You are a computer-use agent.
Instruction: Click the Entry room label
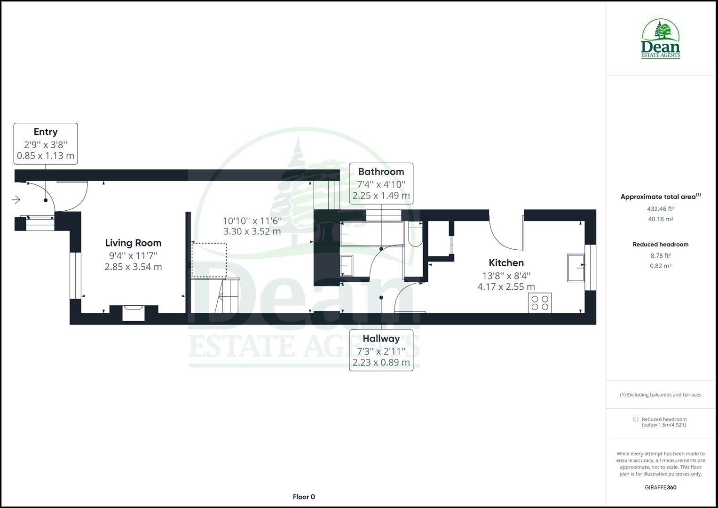coord(46,132)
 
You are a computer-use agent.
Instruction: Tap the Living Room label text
coord(133,243)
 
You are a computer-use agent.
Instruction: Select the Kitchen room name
coord(506,263)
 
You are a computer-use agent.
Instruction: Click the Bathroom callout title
coord(381,172)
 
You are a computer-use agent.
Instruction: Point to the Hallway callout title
coord(381,339)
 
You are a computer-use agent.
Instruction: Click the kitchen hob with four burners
coord(540,302)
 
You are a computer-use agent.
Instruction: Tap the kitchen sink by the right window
coord(576,268)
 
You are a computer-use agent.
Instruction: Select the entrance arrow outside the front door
coord(16,200)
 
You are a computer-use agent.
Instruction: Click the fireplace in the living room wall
coord(134,313)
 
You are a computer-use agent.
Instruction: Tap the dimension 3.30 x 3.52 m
coord(252,231)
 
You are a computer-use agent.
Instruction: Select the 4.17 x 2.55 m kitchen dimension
coord(506,286)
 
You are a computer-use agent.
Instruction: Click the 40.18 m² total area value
coord(660,219)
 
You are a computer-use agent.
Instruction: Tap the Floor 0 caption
coord(304,497)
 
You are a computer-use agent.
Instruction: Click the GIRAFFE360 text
coord(660,487)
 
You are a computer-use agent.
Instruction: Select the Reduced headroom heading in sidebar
coord(660,244)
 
